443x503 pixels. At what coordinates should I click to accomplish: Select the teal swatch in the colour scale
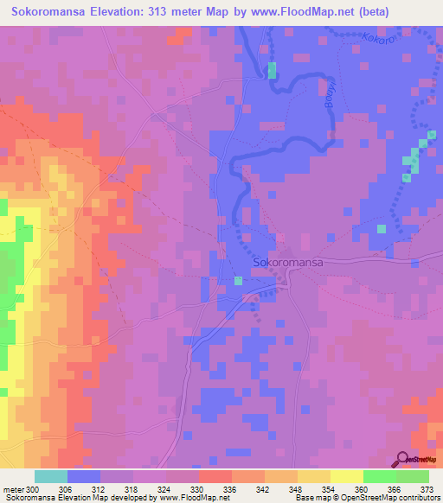(x=51, y=476)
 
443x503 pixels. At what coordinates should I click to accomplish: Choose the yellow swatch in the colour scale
(x=346, y=476)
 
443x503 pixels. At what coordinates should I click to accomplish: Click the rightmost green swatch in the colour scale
(x=413, y=476)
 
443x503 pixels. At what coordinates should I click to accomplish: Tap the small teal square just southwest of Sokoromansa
(x=239, y=280)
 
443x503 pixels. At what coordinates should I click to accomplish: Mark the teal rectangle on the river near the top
(x=273, y=71)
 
